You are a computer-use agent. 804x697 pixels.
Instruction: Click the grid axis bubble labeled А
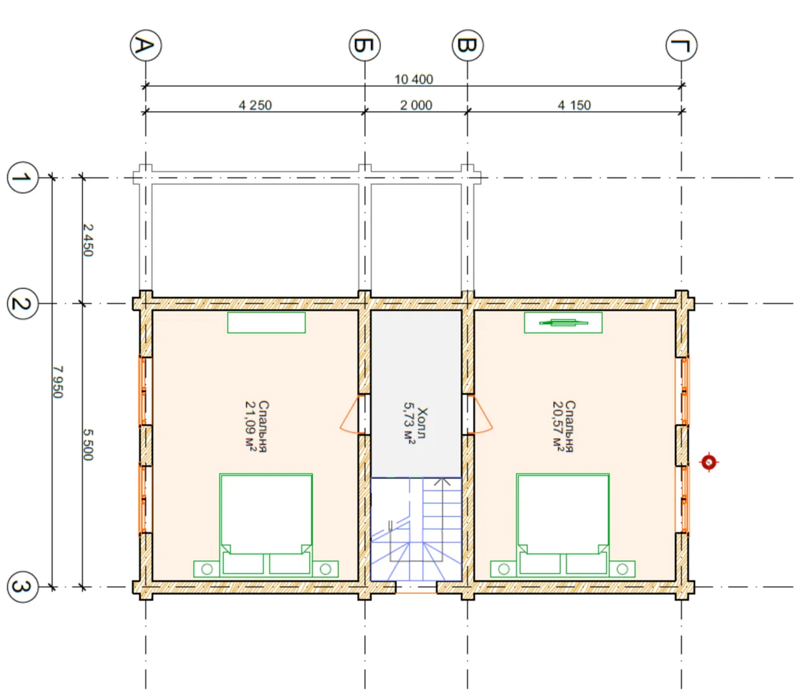click(x=146, y=46)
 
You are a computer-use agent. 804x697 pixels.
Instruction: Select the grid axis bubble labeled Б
click(x=365, y=46)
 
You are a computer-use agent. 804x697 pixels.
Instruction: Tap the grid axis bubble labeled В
click(x=468, y=46)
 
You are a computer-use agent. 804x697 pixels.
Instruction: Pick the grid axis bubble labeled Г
click(x=681, y=46)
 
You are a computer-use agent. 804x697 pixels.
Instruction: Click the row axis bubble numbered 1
click(x=23, y=177)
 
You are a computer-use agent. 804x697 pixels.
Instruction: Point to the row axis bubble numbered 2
click(x=23, y=304)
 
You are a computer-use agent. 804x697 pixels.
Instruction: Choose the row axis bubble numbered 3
click(x=23, y=587)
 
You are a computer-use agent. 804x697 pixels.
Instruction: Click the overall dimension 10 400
click(x=414, y=79)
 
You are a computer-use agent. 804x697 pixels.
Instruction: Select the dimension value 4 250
click(x=255, y=105)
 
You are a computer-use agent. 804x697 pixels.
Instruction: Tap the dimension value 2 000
click(x=416, y=105)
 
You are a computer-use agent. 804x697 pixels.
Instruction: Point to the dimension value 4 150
click(x=574, y=105)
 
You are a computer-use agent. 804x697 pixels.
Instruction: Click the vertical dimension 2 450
click(x=88, y=240)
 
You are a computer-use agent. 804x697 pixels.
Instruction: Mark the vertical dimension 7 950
click(x=58, y=382)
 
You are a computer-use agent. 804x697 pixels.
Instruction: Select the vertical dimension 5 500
click(x=88, y=445)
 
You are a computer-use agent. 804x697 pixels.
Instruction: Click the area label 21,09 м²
click(x=250, y=427)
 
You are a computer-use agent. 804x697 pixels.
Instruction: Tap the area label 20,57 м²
click(x=558, y=427)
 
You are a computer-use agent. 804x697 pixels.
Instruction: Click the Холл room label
click(x=423, y=423)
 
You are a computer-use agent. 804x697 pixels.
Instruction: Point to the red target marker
click(x=709, y=463)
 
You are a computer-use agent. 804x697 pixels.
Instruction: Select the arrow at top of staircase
click(x=442, y=482)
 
